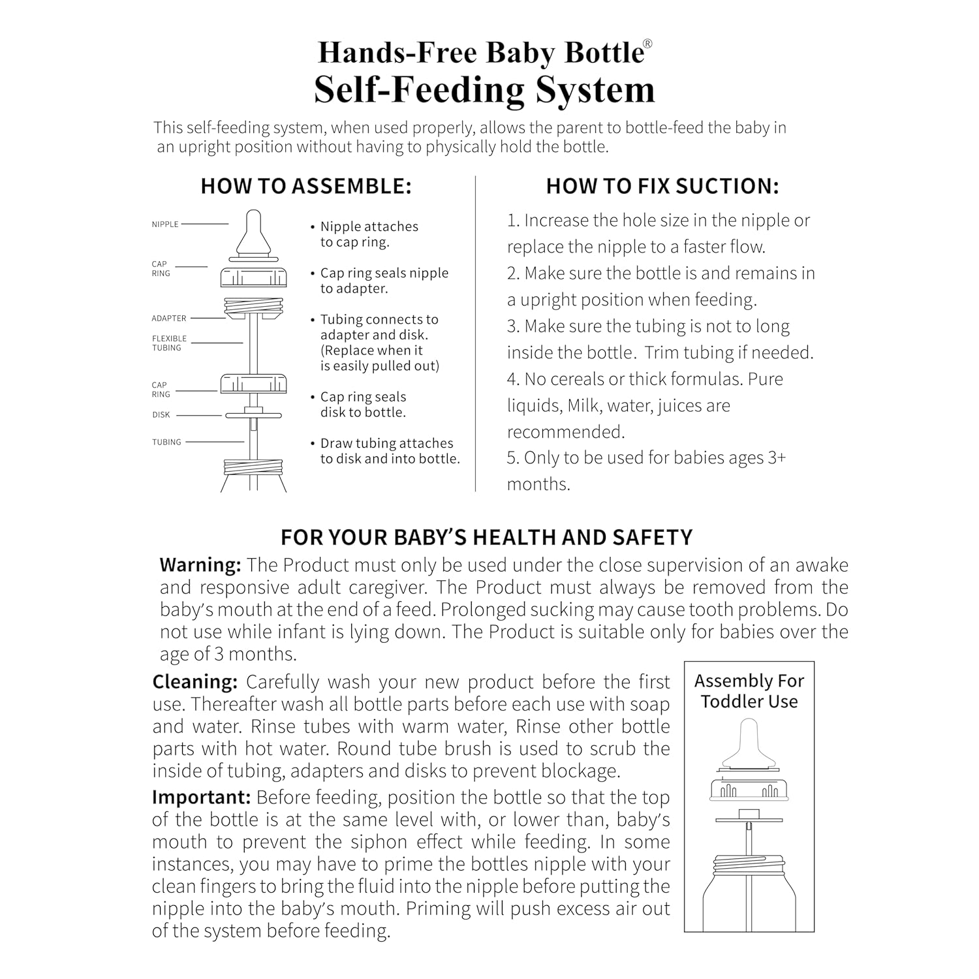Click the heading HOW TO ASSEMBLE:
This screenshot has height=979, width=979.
click(306, 186)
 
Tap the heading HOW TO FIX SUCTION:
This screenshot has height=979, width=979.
click(662, 186)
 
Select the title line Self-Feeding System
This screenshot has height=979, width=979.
click(484, 89)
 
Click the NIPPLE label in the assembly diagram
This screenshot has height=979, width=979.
click(165, 224)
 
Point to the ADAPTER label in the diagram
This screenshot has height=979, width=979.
click(169, 319)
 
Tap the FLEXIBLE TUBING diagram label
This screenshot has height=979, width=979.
click(169, 343)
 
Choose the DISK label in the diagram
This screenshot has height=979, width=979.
click(161, 415)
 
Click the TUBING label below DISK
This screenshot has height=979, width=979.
click(166, 443)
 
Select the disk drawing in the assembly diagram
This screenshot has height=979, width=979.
click(253, 414)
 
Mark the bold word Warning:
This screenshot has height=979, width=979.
click(200, 565)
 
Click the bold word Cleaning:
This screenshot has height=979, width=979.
click(194, 682)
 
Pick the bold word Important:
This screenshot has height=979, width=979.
click(201, 798)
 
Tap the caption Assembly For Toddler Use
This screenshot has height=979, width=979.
click(749, 691)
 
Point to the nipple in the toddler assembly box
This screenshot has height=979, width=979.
click(749, 744)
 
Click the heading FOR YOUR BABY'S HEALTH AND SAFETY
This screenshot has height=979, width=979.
click(486, 537)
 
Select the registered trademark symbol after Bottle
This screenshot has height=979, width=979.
click(647, 44)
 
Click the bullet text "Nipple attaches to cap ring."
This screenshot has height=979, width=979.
click(369, 234)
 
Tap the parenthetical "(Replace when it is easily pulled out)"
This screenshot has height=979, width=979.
click(379, 358)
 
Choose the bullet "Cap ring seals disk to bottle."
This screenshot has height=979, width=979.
click(363, 405)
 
